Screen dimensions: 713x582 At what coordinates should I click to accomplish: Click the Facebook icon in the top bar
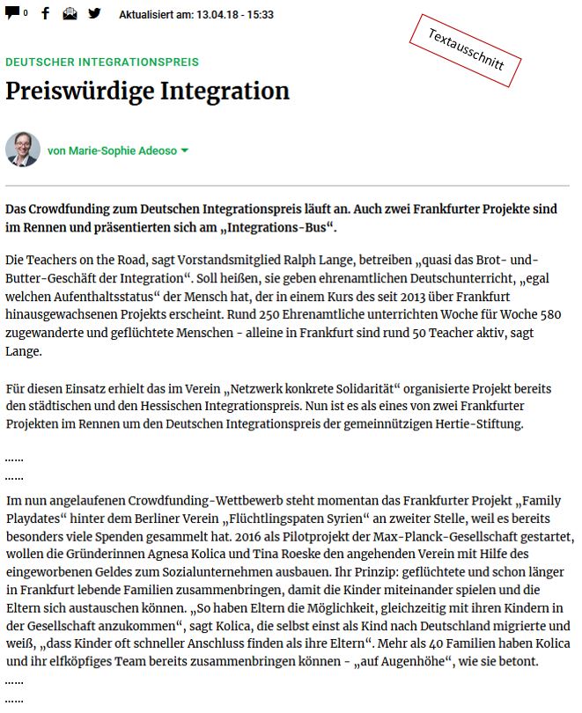coord(45,13)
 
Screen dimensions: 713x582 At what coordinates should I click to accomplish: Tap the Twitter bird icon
coord(93,13)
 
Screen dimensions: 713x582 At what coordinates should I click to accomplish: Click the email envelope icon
coord(70,13)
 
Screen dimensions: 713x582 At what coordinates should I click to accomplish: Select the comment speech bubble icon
coord(12,13)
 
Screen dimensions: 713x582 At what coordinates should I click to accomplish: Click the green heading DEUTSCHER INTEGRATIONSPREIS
coord(102,62)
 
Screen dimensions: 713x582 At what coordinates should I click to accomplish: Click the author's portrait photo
coord(22,150)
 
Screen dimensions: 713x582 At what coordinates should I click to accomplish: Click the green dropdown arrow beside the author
coord(185,151)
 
